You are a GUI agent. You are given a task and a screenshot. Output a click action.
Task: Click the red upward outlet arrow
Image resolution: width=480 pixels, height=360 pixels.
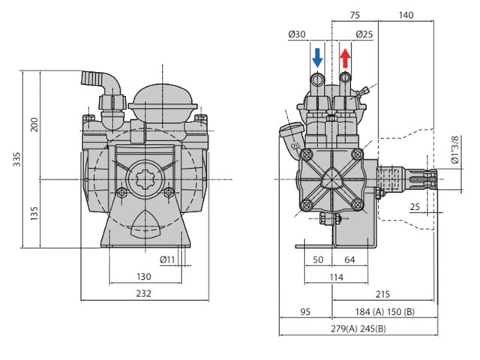(x=345, y=57)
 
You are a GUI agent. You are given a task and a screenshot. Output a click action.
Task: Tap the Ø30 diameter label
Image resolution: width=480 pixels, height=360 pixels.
(x=296, y=34)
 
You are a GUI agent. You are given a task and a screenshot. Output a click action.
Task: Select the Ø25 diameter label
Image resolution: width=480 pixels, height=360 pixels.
(x=366, y=34)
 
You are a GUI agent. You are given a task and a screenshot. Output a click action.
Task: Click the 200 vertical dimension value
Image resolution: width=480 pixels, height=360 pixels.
(x=34, y=124)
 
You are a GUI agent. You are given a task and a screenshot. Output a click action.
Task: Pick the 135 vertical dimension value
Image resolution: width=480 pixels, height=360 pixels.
(x=34, y=214)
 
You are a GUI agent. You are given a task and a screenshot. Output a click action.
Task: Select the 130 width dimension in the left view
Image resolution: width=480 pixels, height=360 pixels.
(x=145, y=276)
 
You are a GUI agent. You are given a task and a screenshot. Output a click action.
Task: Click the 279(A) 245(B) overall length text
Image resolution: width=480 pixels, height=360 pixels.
(x=364, y=328)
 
